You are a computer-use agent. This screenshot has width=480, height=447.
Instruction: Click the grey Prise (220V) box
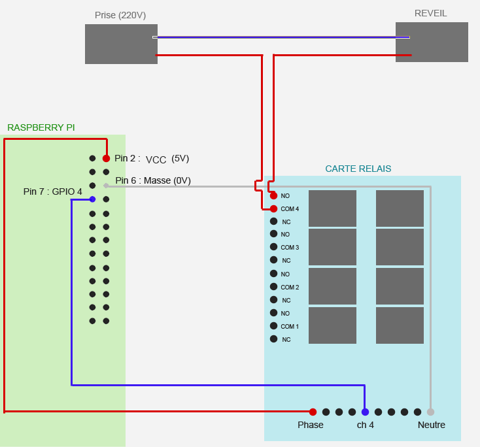click(121, 44)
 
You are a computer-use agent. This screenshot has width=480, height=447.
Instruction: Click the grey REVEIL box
click(432, 42)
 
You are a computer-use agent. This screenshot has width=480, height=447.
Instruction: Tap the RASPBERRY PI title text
click(41, 127)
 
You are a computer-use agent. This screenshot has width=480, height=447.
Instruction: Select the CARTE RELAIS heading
click(358, 169)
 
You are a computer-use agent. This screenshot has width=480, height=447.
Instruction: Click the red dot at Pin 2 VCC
click(106, 158)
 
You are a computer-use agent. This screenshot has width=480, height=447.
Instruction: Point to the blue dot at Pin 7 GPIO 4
click(92, 199)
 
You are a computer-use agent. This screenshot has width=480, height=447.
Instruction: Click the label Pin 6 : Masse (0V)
click(153, 180)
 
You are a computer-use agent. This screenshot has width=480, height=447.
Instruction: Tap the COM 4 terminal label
click(290, 209)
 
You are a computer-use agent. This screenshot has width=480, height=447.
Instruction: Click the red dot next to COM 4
click(273, 208)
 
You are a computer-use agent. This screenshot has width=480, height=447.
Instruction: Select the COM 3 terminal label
click(290, 248)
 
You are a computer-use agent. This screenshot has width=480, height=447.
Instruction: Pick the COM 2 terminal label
click(290, 288)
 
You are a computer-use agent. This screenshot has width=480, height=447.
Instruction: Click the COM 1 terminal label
click(290, 327)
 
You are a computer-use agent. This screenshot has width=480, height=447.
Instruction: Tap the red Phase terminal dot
click(313, 412)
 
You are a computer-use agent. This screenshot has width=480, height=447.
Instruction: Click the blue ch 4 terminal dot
click(365, 412)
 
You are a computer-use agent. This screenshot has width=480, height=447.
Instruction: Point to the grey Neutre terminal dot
click(430, 412)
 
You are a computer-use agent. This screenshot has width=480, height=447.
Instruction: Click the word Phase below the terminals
click(311, 425)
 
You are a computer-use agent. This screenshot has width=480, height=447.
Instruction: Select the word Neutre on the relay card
click(432, 425)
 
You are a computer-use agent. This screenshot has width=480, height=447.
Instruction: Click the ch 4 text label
click(366, 425)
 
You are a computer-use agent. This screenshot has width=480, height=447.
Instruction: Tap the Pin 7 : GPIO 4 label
click(53, 191)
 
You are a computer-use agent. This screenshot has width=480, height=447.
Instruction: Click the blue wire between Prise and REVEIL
click(281, 37)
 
